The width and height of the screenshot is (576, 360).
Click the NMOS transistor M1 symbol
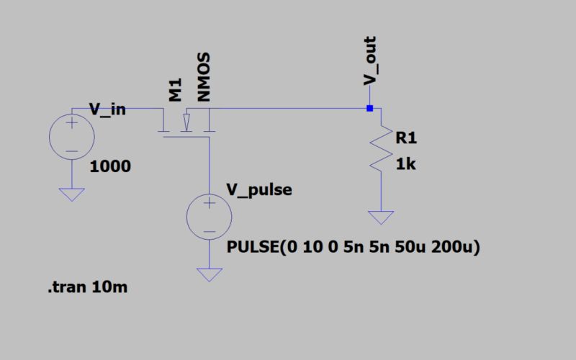(x=186, y=124)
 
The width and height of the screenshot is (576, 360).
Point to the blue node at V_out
(x=369, y=109)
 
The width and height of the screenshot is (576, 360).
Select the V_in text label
(x=108, y=109)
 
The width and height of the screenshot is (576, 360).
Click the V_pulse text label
(x=259, y=189)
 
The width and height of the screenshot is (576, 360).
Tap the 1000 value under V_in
(x=111, y=167)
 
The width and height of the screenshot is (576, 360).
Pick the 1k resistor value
(x=405, y=165)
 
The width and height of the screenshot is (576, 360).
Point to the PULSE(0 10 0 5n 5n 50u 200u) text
(x=353, y=248)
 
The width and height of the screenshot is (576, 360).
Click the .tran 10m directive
(x=89, y=289)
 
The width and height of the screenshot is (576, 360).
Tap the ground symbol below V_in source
(x=72, y=194)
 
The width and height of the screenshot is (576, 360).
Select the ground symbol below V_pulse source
(x=209, y=274)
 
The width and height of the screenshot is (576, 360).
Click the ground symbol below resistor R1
(x=379, y=217)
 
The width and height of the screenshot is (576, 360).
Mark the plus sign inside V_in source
(x=72, y=124)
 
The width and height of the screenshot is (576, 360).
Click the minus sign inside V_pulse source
(x=209, y=232)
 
